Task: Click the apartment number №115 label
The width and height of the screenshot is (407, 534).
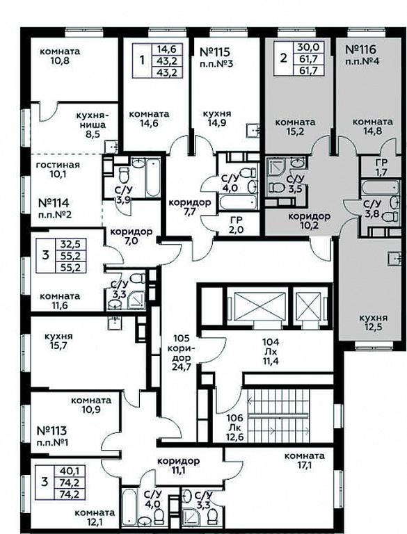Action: click(x=215, y=52)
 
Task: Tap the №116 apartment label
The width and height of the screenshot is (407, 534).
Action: click(x=361, y=50)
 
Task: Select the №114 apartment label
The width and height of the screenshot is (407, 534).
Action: click(x=54, y=203)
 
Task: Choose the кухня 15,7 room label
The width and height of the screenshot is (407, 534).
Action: click(x=58, y=341)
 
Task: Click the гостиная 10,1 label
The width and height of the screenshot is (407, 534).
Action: click(x=58, y=170)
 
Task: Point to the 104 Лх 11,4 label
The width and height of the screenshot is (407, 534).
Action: click(x=271, y=351)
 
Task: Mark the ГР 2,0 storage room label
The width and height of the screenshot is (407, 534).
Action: click(x=237, y=225)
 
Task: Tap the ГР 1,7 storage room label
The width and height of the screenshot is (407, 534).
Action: click(x=380, y=167)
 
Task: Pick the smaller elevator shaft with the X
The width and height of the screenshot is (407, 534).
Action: click(x=309, y=305)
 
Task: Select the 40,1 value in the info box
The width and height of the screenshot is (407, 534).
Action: click(x=70, y=471)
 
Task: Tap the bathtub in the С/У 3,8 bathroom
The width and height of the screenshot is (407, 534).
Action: click(x=381, y=186)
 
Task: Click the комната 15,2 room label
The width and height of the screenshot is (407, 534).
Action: click(x=295, y=127)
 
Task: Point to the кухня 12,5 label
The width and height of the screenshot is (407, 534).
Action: click(x=374, y=323)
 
